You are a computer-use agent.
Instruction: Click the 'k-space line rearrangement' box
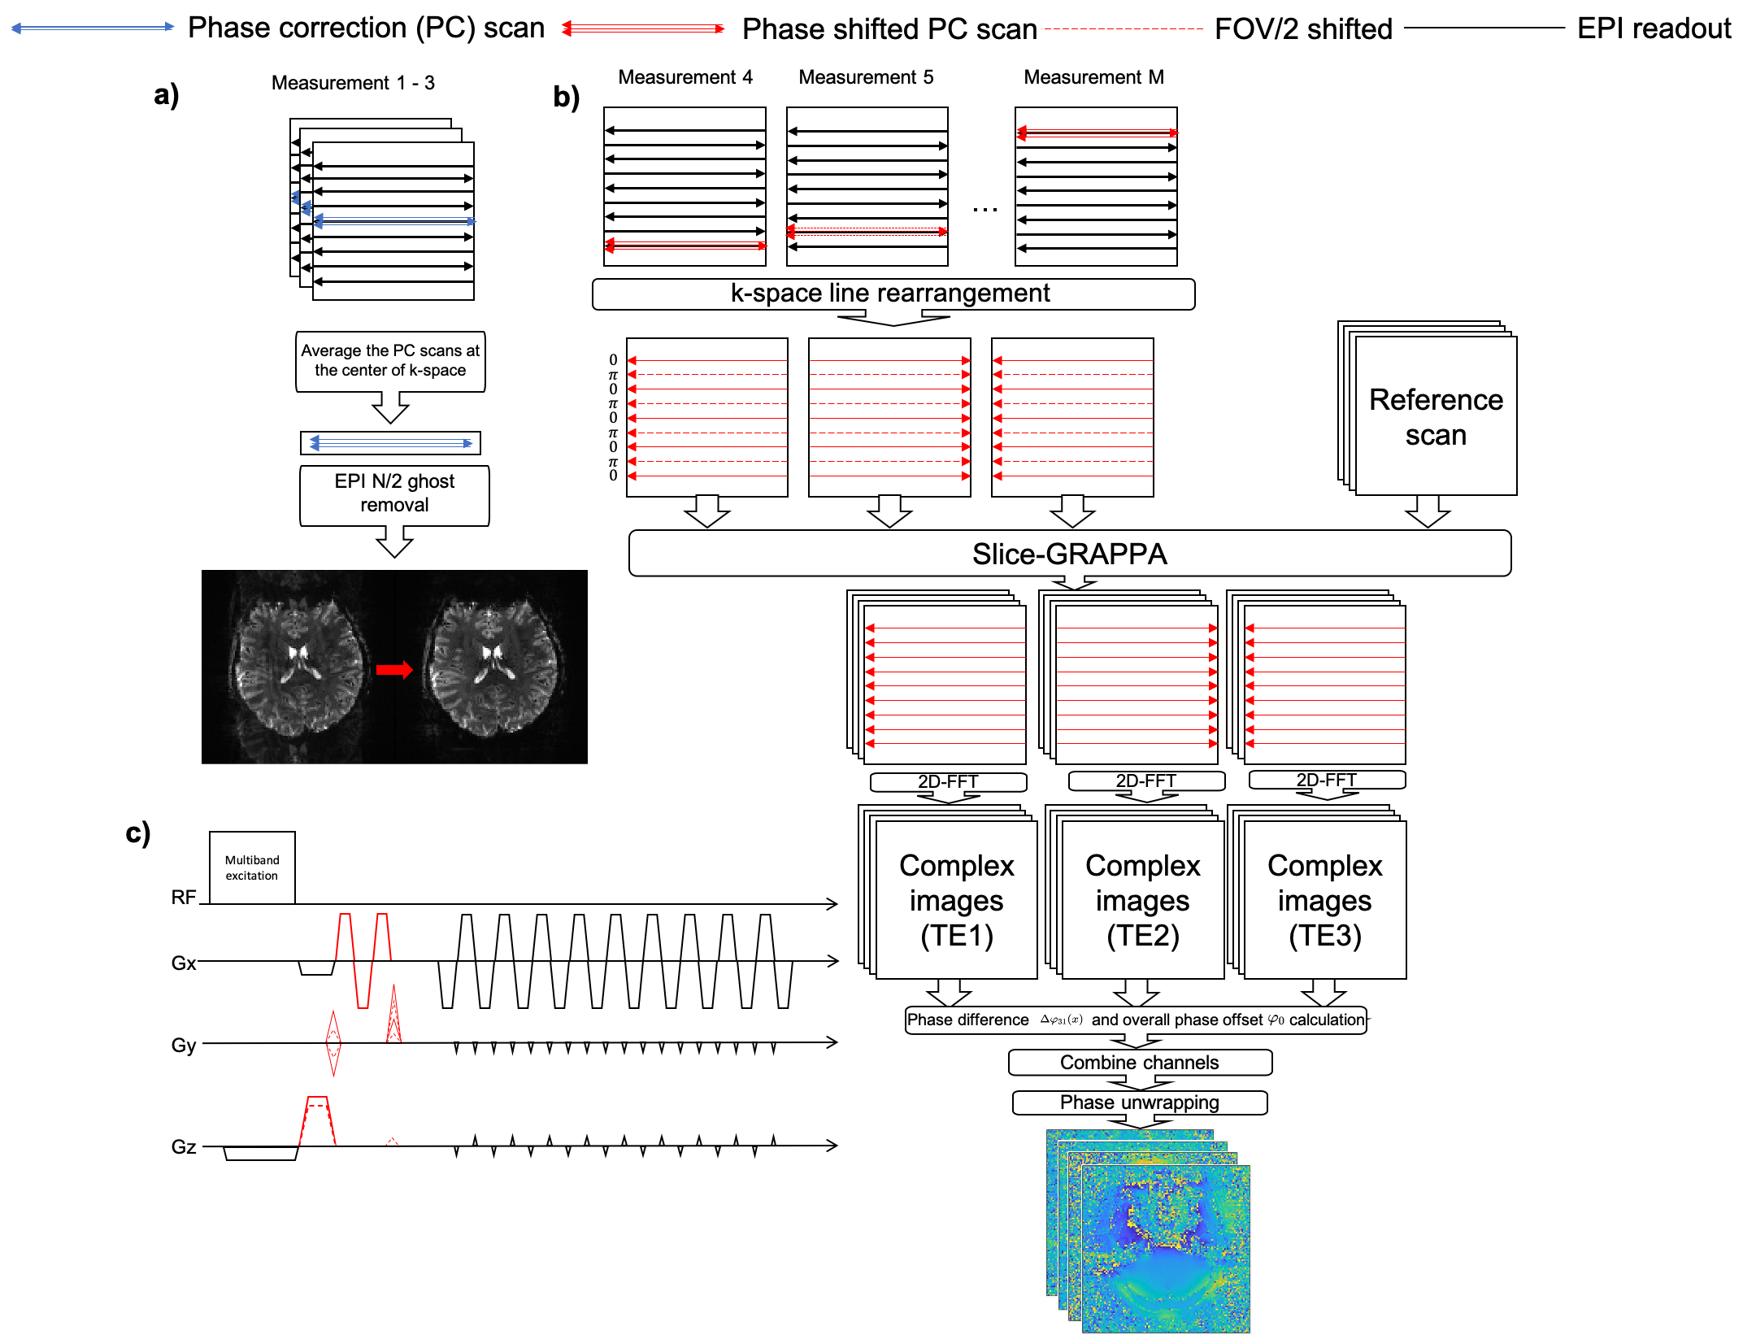coord(893,294)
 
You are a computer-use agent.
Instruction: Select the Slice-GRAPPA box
coord(1069,554)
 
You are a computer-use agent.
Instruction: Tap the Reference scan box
coord(1435,416)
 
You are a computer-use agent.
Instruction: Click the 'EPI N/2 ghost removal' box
coord(394,494)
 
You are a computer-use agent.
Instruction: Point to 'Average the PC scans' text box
coord(390,360)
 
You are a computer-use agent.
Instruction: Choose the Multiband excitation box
coord(252,868)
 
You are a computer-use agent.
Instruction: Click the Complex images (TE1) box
coord(956,900)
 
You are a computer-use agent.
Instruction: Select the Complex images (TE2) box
coord(1142,900)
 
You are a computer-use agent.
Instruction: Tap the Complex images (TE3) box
coord(1324,900)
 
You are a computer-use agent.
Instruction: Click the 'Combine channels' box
coord(1139,1063)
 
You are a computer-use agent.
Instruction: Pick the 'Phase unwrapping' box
coord(1139,1102)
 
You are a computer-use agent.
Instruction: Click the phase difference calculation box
coord(1135,1020)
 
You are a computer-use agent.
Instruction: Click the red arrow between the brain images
coord(394,670)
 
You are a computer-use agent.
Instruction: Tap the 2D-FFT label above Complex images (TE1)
coord(948,781)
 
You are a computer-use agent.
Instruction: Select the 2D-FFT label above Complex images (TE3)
coord(1326,780)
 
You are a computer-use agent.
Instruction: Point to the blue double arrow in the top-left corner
coord(92,27)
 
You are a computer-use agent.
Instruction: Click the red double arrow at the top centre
coord(642,28)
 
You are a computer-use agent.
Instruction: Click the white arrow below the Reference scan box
coord(1428,511)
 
